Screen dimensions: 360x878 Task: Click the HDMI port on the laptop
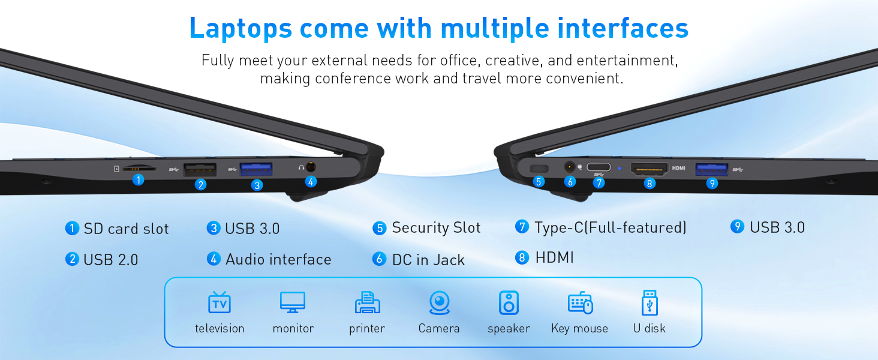coord(649,169)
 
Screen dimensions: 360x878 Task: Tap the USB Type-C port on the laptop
coord(599,167)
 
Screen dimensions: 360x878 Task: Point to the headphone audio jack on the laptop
coord(311,167)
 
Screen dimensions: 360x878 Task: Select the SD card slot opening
coord(139,169)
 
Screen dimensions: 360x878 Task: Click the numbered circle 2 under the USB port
coord(201,185)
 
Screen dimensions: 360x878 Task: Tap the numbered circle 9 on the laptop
coord(712,184)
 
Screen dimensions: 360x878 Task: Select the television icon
coord(220,303)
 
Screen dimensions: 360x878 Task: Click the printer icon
coord(367,303)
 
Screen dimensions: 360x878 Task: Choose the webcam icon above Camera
coord(439,303)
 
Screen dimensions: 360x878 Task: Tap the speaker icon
coord(509,303)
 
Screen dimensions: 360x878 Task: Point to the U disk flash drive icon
coord(650,303)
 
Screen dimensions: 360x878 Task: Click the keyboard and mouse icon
coord(580,303)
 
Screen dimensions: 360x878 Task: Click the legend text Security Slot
coord(436,228)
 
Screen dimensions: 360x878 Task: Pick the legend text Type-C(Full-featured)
coord(611,227)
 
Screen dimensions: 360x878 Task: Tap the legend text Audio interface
coord(278,259)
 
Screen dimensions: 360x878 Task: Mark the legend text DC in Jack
coord(428,260)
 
